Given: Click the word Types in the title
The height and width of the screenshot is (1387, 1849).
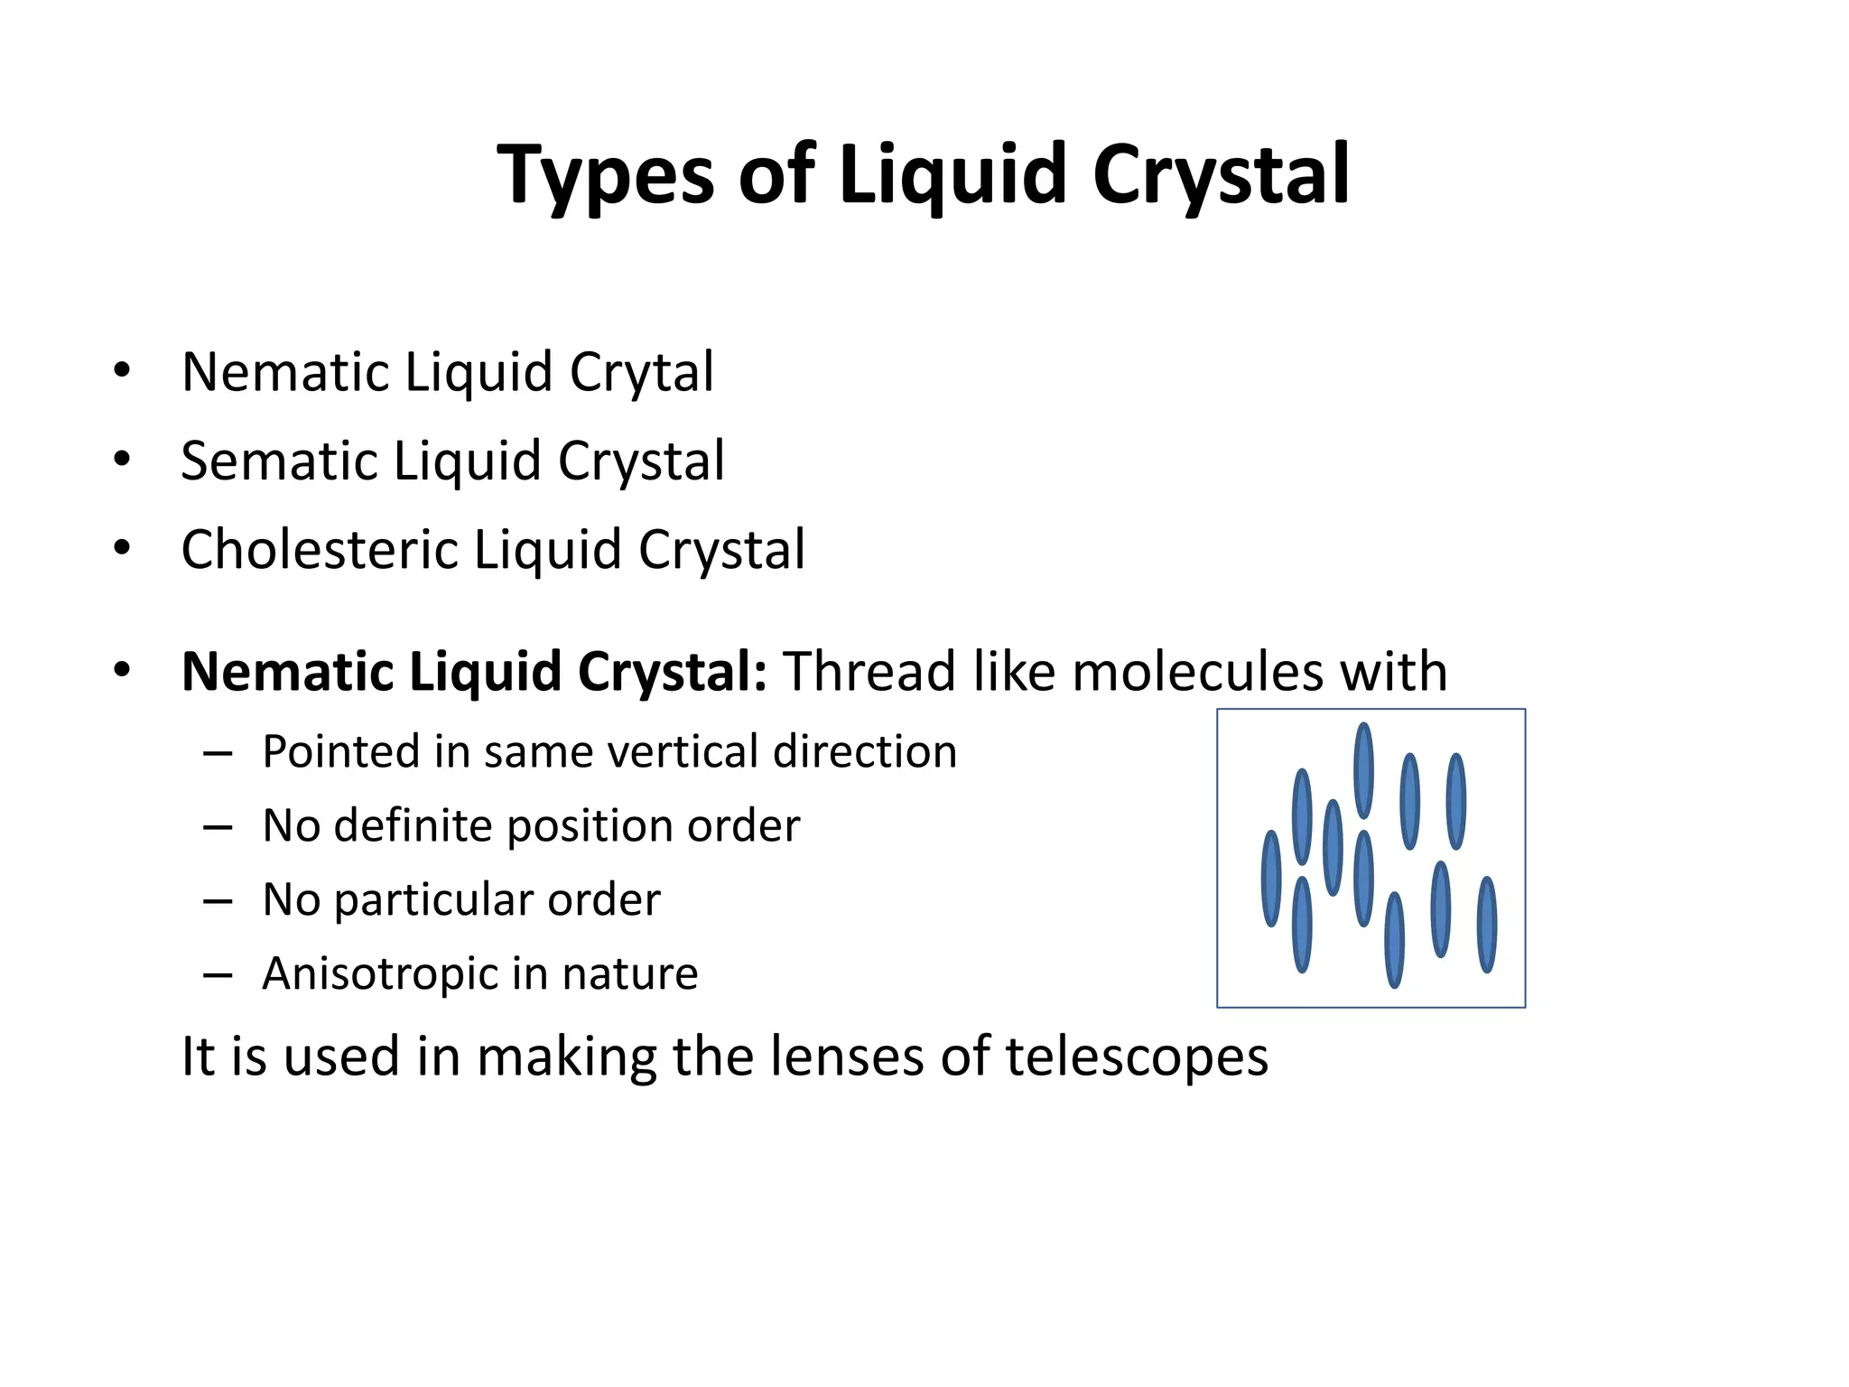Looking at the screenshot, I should click(606, 175).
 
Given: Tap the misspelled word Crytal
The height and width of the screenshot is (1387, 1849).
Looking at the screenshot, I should click(641, 372).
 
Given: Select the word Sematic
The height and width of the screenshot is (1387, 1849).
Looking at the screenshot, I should click(278, 461).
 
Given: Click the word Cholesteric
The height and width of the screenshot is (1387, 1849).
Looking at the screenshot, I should click(320, 549).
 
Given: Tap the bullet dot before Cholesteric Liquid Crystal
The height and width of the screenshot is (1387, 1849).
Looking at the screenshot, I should click(123, 548).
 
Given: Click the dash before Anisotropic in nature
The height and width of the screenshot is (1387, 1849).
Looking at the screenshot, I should click(218, 974).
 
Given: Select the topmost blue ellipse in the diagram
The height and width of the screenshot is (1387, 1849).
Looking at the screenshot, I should click(1364, 770).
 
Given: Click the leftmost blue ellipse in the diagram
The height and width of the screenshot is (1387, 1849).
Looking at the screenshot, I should click(1271, 878).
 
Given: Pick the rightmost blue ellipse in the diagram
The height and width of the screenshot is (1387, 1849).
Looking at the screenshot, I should click(1486, 924).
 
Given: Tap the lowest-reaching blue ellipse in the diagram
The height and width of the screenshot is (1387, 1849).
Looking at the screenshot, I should click(1394, 939).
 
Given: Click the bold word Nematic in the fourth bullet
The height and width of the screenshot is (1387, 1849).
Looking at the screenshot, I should click(286, 672).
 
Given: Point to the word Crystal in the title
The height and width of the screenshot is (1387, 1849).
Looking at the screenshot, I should click(1221, 175).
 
